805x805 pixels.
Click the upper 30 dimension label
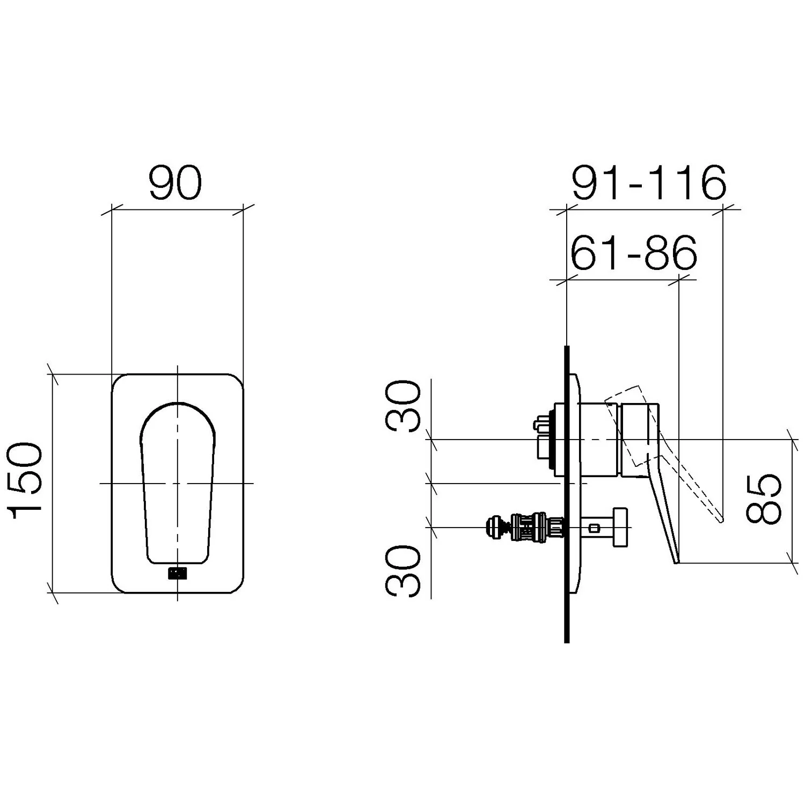point(404,406)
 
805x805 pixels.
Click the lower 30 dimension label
point(404,572)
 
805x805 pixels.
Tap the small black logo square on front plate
point(177,573)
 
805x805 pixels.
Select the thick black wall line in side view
point(567,494)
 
